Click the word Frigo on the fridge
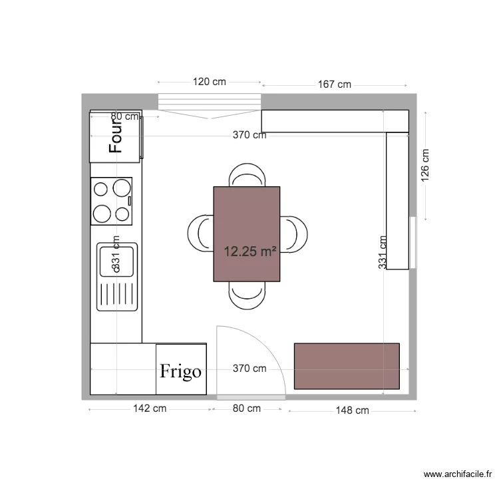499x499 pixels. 180,371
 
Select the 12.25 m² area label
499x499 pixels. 249,251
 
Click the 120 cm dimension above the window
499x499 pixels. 210,82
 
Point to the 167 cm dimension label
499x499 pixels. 334,84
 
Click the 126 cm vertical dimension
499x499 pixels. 425,164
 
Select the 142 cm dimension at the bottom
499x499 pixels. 150,409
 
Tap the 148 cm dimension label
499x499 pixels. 352,411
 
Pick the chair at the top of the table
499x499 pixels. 247,176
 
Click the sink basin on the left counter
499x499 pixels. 117,260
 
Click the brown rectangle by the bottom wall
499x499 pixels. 347,366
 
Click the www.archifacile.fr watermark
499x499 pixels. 458,474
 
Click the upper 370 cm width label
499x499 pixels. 249,135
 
